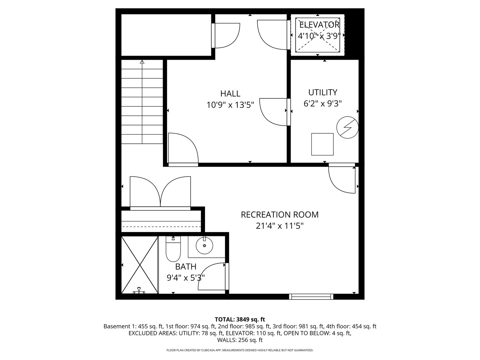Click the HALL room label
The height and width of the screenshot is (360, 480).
(230, 94)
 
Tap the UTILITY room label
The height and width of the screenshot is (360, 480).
(323, 92)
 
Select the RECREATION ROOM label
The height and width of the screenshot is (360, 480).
(280, 215)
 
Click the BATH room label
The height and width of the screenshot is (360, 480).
(186, 267)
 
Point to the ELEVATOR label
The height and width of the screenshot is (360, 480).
(319, 25)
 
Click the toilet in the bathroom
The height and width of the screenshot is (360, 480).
(173, 250)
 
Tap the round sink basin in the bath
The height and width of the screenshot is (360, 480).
(204, 247)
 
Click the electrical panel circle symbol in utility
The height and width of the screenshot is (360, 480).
(347, 127)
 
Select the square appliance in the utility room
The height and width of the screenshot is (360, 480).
(322, 144)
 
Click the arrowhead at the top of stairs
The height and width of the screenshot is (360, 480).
(142, 62)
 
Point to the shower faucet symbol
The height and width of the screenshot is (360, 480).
(139, 291)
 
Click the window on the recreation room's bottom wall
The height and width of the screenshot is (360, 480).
(311, 296)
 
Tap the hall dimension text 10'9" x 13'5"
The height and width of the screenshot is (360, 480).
(230, 105)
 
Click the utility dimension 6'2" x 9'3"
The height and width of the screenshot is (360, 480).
(323, 104)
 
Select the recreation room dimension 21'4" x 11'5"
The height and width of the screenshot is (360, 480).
(280, 226)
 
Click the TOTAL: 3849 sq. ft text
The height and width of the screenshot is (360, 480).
(240, 319)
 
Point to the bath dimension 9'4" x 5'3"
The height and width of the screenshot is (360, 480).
(186, 277)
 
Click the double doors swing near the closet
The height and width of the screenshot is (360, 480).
(160, 193)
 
